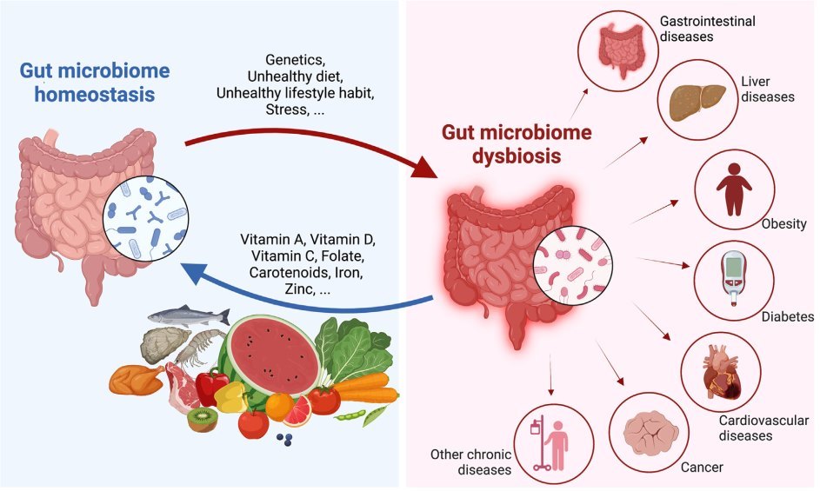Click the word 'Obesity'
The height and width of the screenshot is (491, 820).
point(784,224)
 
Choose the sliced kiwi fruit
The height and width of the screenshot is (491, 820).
point(202,419)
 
